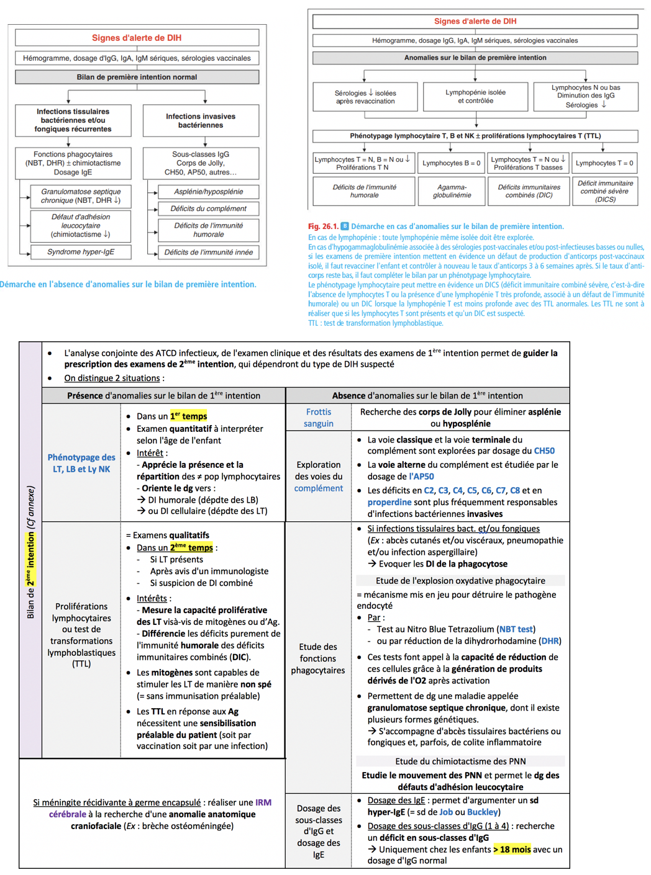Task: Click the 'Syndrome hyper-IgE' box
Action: click(x=81, y=252)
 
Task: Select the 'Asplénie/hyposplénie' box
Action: click(x=208, y=192)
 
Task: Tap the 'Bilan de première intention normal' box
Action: click(x=137, y=77)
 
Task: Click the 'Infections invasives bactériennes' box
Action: click(x=201, y=120)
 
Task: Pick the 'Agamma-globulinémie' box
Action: click(x=452, y=191)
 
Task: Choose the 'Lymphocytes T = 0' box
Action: click(x=604, y=163)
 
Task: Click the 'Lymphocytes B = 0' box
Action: click(x=452, y=163)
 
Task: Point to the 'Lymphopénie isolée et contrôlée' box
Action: click(x=475, y=96)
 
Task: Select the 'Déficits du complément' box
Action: click(x=208, y=209)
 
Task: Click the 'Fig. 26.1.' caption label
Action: click(x=323, y=227)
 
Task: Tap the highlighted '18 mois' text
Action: click(x=513, y=849)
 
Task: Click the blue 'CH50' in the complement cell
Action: click(x=544, y=451)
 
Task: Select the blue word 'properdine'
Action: click(x=389, y=502)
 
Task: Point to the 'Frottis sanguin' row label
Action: click(x=319, y=418)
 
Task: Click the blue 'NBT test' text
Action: click(x=516, y=629)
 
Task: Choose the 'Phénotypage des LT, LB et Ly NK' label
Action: click(x=81, y=463)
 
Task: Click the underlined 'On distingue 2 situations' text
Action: click(x=112, y=378)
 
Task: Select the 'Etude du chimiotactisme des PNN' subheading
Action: click(x=460, y=761)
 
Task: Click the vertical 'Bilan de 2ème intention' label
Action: click(x=30, y=552)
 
